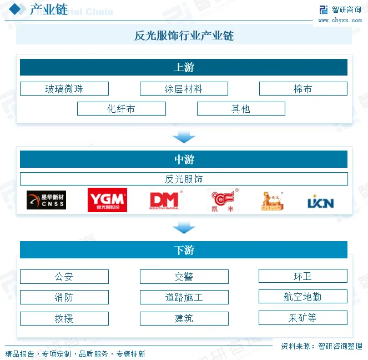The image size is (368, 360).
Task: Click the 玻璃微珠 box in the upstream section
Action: [x=64, y=89]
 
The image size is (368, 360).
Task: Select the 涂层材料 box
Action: [x=184, y=89]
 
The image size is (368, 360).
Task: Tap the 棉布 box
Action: [x=303, y=89]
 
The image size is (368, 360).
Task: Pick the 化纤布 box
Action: [x=121, y=109]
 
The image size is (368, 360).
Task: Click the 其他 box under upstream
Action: [x=241, y=109]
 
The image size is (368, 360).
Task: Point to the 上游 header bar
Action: [x=184, y=68]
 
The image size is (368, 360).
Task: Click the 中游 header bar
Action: [x=184, y=159]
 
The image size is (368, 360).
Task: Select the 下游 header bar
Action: [x=184, y=250]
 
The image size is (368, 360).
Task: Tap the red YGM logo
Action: [x=107, y=200]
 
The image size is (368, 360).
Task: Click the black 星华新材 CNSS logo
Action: [x=46, y=201]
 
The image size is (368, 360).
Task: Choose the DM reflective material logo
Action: [x=165, y=201]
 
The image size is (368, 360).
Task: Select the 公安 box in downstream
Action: [x=64, y=277]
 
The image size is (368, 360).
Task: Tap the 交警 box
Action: [x=184, y=277]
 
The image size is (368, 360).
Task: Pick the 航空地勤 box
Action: [x=303, y=297]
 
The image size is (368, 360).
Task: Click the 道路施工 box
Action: [x=184, y=297]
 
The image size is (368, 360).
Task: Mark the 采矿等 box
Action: [x=303, y=318]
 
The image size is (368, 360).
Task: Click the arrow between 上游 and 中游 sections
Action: [x=184, y=137]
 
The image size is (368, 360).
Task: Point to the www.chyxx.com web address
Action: [x=340, y=21]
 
